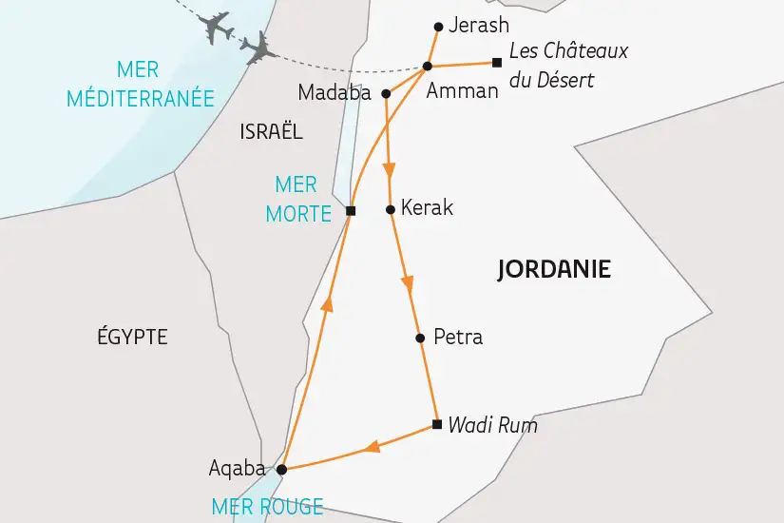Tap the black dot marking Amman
click(x=428, y=66)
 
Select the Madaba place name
click(x=336, y=93)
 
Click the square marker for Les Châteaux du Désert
click(x=496, y=64)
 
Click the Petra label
click(x=457, y=337)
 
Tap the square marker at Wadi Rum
click(x=436, y=424)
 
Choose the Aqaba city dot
click(x=281, y=468)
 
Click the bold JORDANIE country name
click(x=554, y=270)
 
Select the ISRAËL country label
click(x=272, y=132)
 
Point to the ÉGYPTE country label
click(x=132, y=336)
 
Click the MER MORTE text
click(x=298, y=199)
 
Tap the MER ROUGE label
click(x=267, y=507)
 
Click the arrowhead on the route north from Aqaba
click(x=327, y=302)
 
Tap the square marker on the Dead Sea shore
click(x=350, y=211)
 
